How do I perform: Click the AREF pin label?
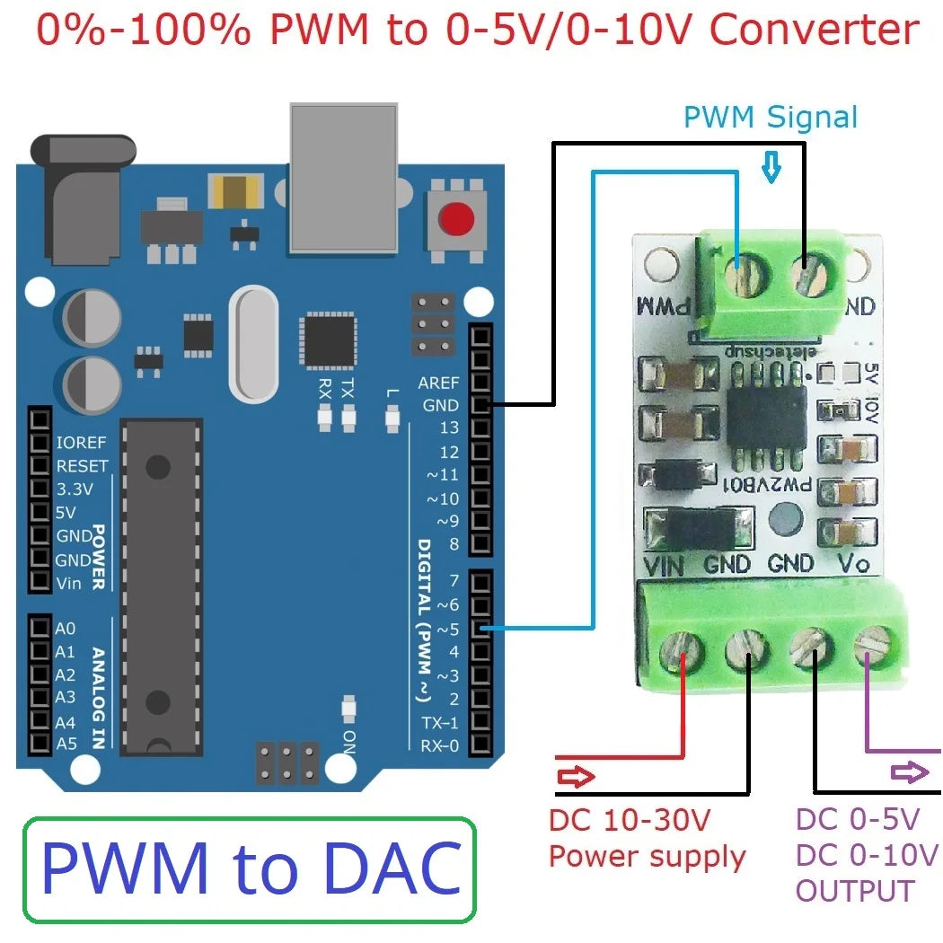(x=438, y=383)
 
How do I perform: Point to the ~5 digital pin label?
(x=448, y=629)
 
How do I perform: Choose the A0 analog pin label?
(x=66, y=629)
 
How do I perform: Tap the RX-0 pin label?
(x=440, y=745)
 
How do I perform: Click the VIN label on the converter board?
(x=665, y=565)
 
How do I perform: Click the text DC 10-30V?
(x=629, y=819)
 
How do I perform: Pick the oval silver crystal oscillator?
(x=253, y=342)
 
